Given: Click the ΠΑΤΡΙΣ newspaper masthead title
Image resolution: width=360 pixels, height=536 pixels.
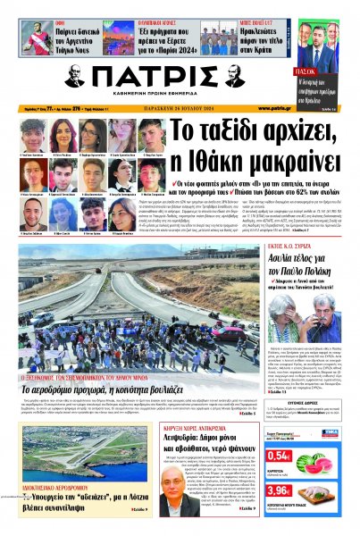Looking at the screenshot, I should pos(180,80).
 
